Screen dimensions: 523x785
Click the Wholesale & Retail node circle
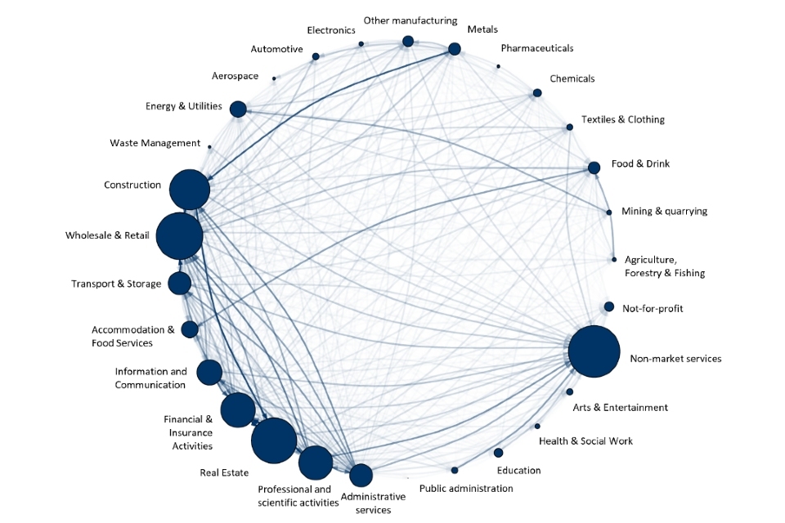[179, 236]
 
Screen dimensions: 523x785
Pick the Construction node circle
[190, 190]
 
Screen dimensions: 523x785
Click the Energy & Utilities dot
[238, 109]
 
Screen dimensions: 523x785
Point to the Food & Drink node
[594, 168]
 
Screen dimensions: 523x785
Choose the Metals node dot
[454, 49]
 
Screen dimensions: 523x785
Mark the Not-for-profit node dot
[608, 307]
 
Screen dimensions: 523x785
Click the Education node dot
[498, 453]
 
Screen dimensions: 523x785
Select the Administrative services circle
[361, 475]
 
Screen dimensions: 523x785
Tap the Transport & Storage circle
[179, 284]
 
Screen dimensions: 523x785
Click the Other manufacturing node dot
[408, 42]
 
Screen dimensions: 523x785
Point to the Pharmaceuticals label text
[536, 48]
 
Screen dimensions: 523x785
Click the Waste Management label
[155, 143]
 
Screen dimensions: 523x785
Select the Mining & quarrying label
[664, 211]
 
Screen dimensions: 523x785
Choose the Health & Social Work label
[585, 441]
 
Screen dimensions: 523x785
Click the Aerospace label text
[235, 76]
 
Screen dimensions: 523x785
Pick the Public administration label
[466, 489]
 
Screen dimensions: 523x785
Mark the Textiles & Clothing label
[622, 119]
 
